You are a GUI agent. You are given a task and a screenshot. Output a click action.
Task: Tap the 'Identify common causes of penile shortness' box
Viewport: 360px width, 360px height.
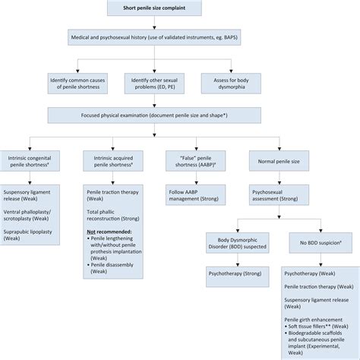pyautogui.click(x=81, y=81)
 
